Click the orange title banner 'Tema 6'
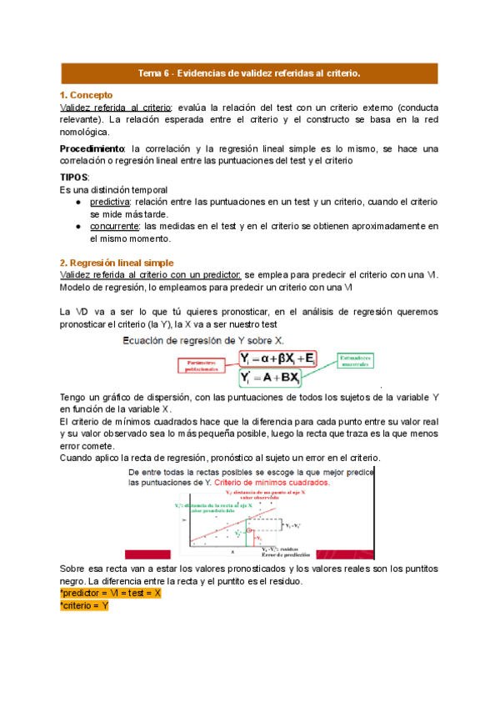(249, 73)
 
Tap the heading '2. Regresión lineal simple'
(117, 263)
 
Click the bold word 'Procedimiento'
(91, 148)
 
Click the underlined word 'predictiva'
(109, 202)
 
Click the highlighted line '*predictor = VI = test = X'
(111, 593)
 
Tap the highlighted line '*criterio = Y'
(85, 605)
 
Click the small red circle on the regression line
(249, 531)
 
